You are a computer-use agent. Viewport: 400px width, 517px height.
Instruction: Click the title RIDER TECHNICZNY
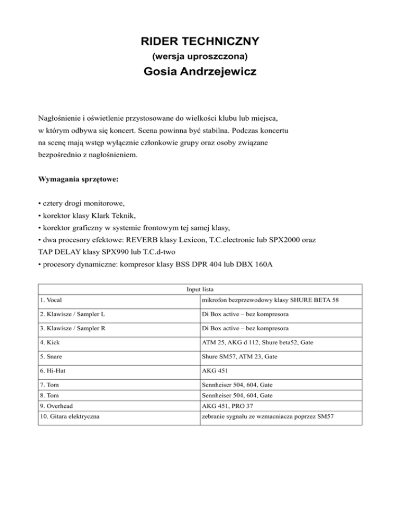coord(200,41)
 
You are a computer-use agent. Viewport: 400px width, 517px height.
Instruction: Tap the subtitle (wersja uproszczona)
coord(200,55)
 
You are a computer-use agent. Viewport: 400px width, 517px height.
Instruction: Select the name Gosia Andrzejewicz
coord(200,71)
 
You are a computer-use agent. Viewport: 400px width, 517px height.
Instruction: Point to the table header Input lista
coord(199,289)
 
